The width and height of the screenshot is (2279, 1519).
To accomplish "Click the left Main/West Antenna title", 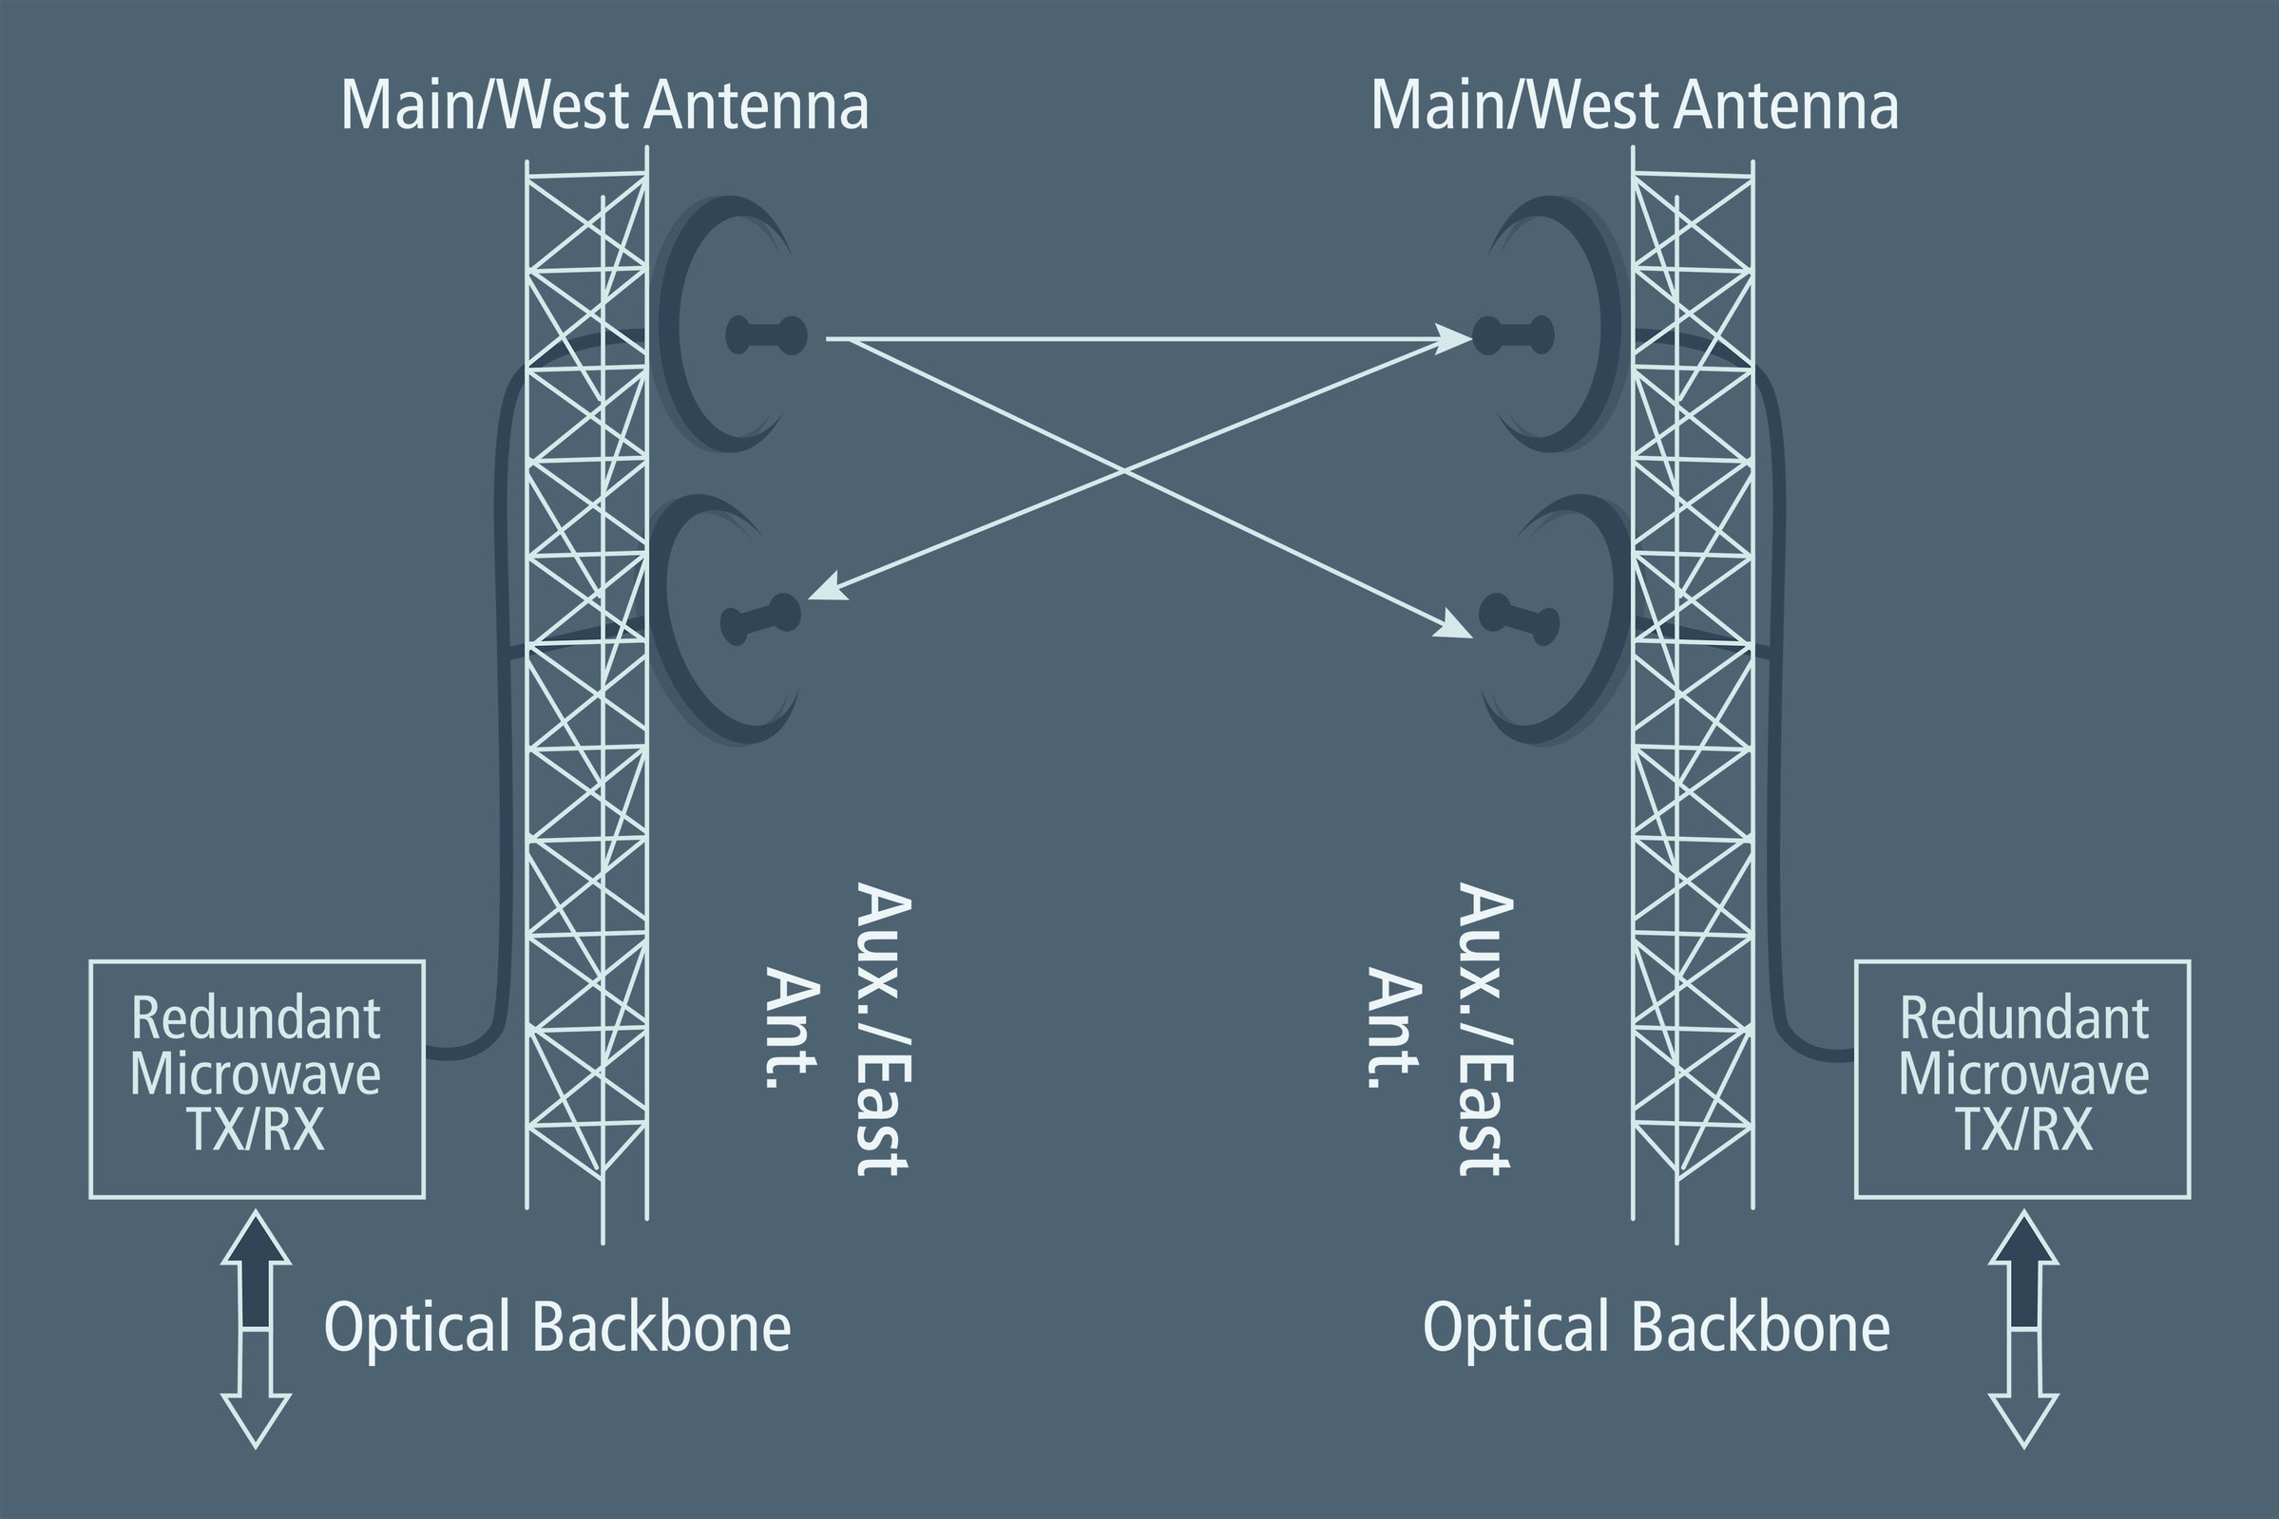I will (x=604, y=105).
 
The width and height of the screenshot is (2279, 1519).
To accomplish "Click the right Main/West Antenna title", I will (x=1635, y=105).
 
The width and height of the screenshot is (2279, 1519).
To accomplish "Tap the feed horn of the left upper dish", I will (x=765, y=335).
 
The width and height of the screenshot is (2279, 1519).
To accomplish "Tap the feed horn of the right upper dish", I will (x=1514, y=335).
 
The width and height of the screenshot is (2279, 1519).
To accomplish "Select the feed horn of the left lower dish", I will (x=760, y=619).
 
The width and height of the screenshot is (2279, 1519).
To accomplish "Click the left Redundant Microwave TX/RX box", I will (x=257, y=1079).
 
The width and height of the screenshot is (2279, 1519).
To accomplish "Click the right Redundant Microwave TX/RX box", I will (x=2023, y=1079).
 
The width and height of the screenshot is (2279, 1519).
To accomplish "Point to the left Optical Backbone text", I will (x=557, y=1327).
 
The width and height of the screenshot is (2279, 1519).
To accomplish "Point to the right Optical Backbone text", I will (x=1657, y=1327).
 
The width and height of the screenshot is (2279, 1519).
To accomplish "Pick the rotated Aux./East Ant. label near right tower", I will (x=1440, y=1029).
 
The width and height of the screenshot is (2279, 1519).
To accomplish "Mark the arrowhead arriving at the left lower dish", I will (x=826, y=589).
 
